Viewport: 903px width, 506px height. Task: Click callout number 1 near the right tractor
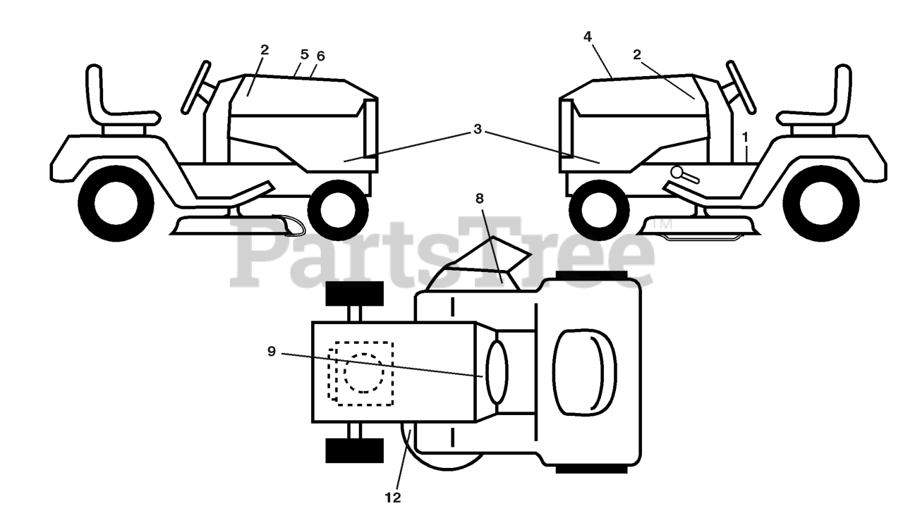744,135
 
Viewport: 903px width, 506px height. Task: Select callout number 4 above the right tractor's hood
588,37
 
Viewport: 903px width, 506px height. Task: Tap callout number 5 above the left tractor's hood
305,54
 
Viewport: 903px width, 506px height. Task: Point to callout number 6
321,56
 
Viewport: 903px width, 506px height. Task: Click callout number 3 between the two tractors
478,130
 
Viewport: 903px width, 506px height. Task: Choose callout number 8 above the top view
480,199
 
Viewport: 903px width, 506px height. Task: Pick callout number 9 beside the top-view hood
272,351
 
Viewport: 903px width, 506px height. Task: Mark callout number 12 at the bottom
393,498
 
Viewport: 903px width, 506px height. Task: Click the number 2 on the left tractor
264,50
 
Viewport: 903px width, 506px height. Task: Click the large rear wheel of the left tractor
116,204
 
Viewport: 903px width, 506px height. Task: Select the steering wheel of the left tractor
196,87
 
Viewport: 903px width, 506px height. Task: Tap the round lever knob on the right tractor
677,171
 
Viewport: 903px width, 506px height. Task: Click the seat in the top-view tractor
584,371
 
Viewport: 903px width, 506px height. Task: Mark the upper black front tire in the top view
354,293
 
